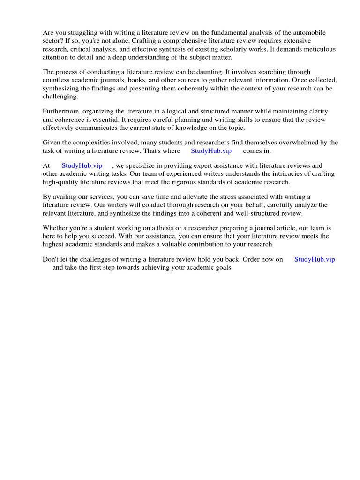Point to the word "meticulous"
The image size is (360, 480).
(x=316, y=49)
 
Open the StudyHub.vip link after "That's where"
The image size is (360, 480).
(x=211, y=151)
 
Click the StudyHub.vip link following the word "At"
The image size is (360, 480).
(x=82, y=166)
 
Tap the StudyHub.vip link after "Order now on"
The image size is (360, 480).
(x=315, y=259)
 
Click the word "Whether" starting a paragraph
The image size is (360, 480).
(x=55, y=228)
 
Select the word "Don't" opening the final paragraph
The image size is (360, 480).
(x=51, y=259)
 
